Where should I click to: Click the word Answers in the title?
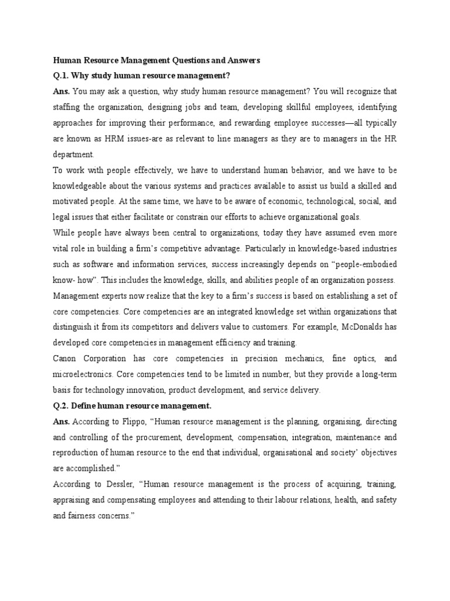pyautogui.click(x=241, y=60)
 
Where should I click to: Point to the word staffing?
pyautogui.click(x=67, y=107)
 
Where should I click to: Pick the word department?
pyautogui.click(x=73, y=155)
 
